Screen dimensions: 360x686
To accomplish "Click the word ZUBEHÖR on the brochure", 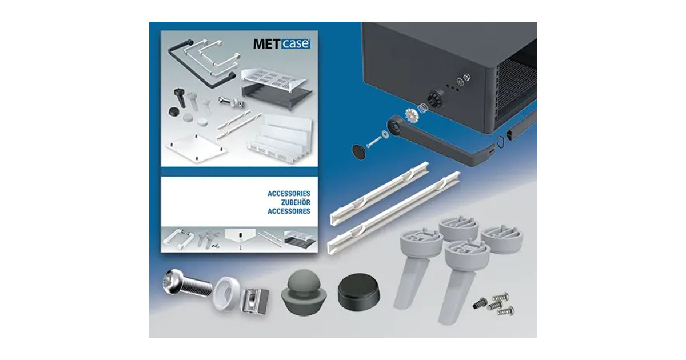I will (289, 202).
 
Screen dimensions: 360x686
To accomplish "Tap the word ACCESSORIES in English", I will (289, 194).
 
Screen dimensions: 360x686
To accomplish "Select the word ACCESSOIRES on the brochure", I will (289, 211).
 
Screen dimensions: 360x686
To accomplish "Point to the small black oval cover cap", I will (359, 151).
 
